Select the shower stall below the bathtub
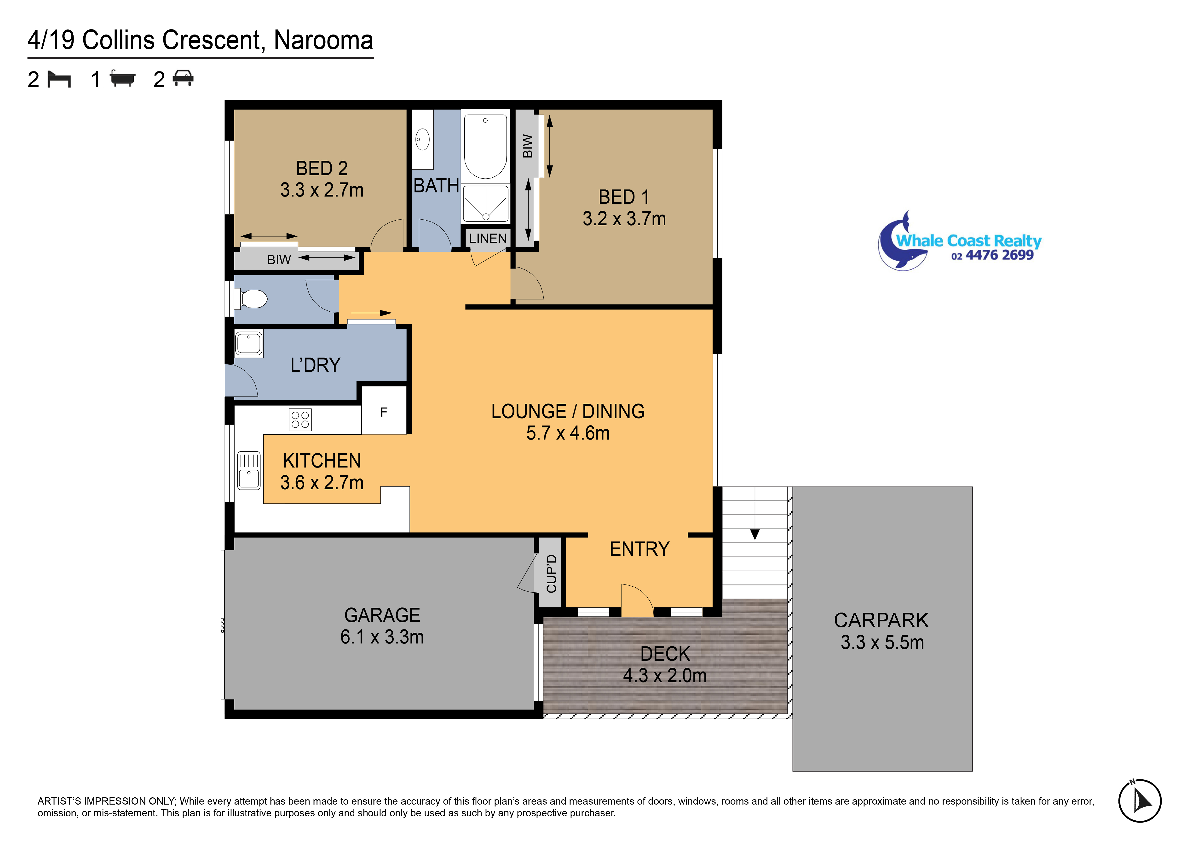coord(486,203)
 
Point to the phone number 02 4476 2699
coord(992,255)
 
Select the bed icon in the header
coord(59,79)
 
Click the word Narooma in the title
coord(323,40)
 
